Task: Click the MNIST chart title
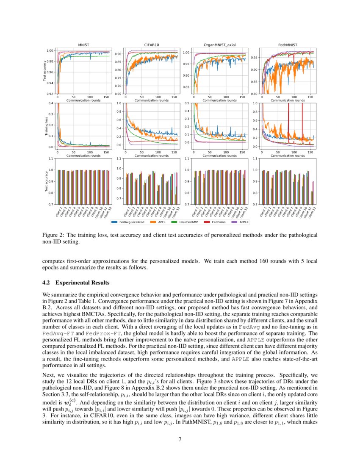click(x=83, y=44)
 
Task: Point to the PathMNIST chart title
click(x=287, y=44)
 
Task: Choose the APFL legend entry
click(x=163, y=222)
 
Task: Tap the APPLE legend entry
click(x=245, y=222)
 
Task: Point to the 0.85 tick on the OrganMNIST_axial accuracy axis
click(x=186, y=87)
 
